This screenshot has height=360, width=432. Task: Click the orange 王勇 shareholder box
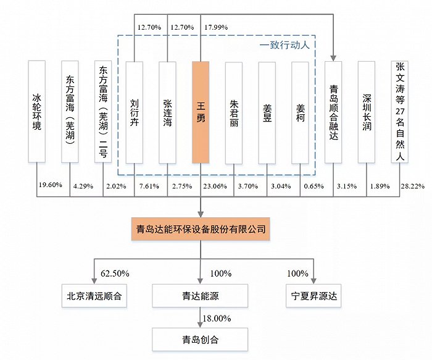pos(201,112)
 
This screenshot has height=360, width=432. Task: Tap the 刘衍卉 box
pos(135,112)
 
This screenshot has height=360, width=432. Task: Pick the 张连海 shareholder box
pos(168,112)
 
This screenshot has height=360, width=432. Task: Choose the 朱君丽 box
pos(234,112)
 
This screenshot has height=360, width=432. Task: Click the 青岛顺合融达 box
pos(333,112)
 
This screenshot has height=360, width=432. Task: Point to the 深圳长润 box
pos(367,112)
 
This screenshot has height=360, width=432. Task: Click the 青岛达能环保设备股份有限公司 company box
pos(201,229)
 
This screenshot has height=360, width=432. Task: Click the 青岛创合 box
pos(201,339)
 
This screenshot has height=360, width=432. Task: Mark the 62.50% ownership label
pos(114,273)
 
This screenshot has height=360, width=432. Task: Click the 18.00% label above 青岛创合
pos(217,318)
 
